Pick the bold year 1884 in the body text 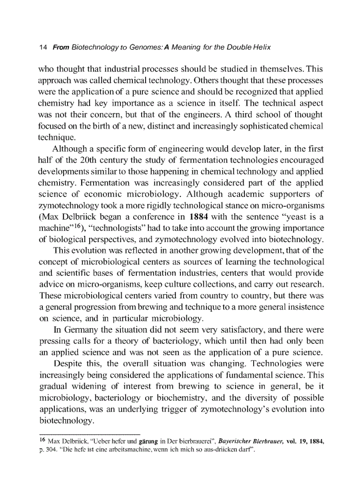click(x=201, y=216)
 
